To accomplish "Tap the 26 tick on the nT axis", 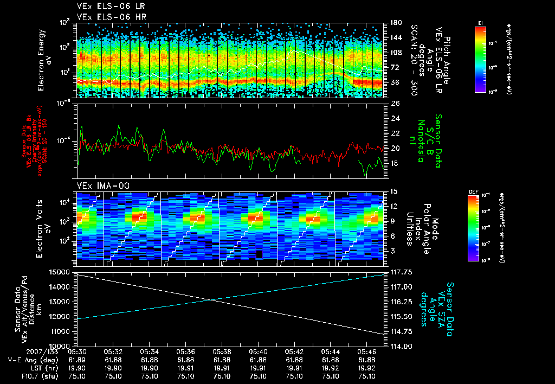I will click(395, 103).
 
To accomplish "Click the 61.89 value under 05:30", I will click(77, 360).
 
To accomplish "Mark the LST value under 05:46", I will click(367, 368).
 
